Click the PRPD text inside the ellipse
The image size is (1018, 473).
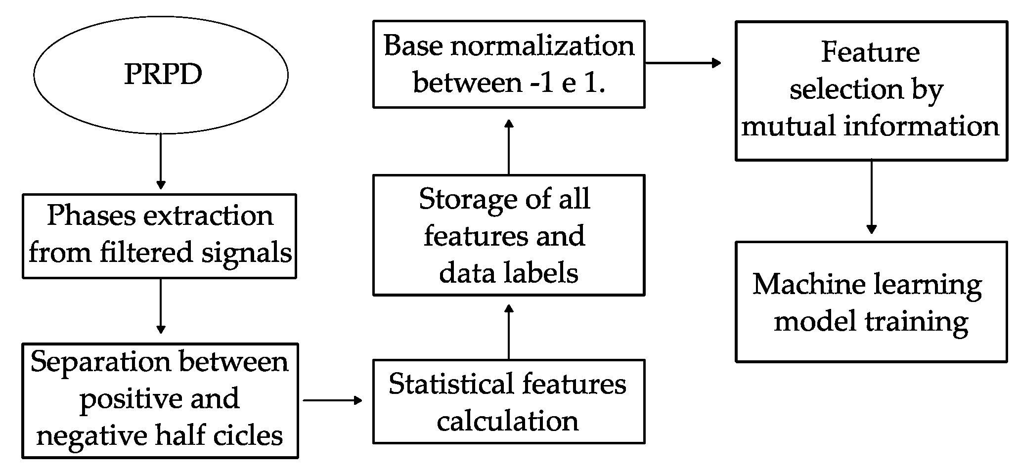click(163, 75)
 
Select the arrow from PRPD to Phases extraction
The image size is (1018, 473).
click(160, 161)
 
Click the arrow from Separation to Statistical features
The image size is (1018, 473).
click(332, 400)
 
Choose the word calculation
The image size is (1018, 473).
click(507, 421)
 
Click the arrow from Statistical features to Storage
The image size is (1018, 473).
click(509, 332)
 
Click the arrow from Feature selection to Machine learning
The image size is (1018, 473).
click(871, 197)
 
